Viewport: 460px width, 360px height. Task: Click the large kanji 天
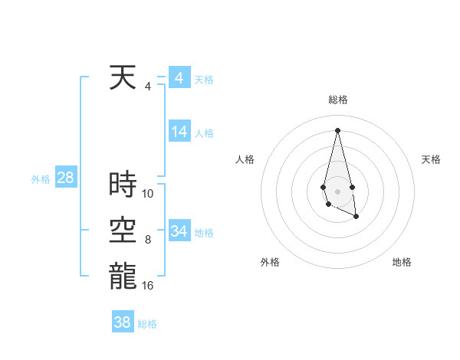(x=123, y=77)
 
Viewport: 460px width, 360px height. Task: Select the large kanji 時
(x=123, y=185)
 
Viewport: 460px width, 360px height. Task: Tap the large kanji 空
(x=123, y=231)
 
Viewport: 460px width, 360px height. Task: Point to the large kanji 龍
(x=123, y=277)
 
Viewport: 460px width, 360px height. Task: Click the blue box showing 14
(x=179, y=132)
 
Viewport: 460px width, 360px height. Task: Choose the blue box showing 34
(x=179, y=231)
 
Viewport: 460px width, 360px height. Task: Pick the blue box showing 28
(x=65, y=178)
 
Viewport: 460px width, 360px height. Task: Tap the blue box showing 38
(x=123, y=322)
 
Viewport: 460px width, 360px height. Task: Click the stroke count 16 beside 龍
(x=148, y=286)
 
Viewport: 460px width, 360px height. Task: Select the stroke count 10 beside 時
(x=148, y=194)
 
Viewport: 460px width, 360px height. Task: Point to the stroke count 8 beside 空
(x=148, y=240)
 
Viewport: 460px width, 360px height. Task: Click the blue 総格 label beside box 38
(x=147, y=324)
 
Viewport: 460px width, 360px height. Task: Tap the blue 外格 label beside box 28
(x=41, y=179)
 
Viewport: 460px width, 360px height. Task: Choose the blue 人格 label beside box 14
(x=204, y=133)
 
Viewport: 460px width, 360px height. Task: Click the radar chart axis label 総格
(x=338, y=100)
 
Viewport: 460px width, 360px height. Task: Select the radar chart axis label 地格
(x=402, y=262)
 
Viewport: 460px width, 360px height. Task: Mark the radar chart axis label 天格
(x=432, y=159)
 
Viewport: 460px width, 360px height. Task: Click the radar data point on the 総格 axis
(x=337, y=129)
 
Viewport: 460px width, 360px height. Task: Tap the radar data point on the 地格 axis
(x=356, y=217)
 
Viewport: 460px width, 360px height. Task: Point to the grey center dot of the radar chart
(x=337, y=191)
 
